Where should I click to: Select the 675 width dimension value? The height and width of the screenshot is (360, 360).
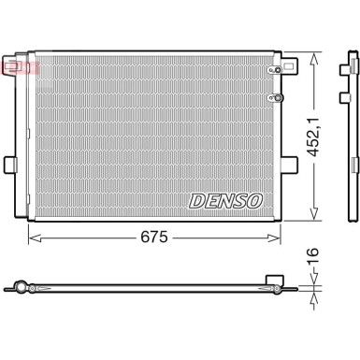(x=155, y=238)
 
